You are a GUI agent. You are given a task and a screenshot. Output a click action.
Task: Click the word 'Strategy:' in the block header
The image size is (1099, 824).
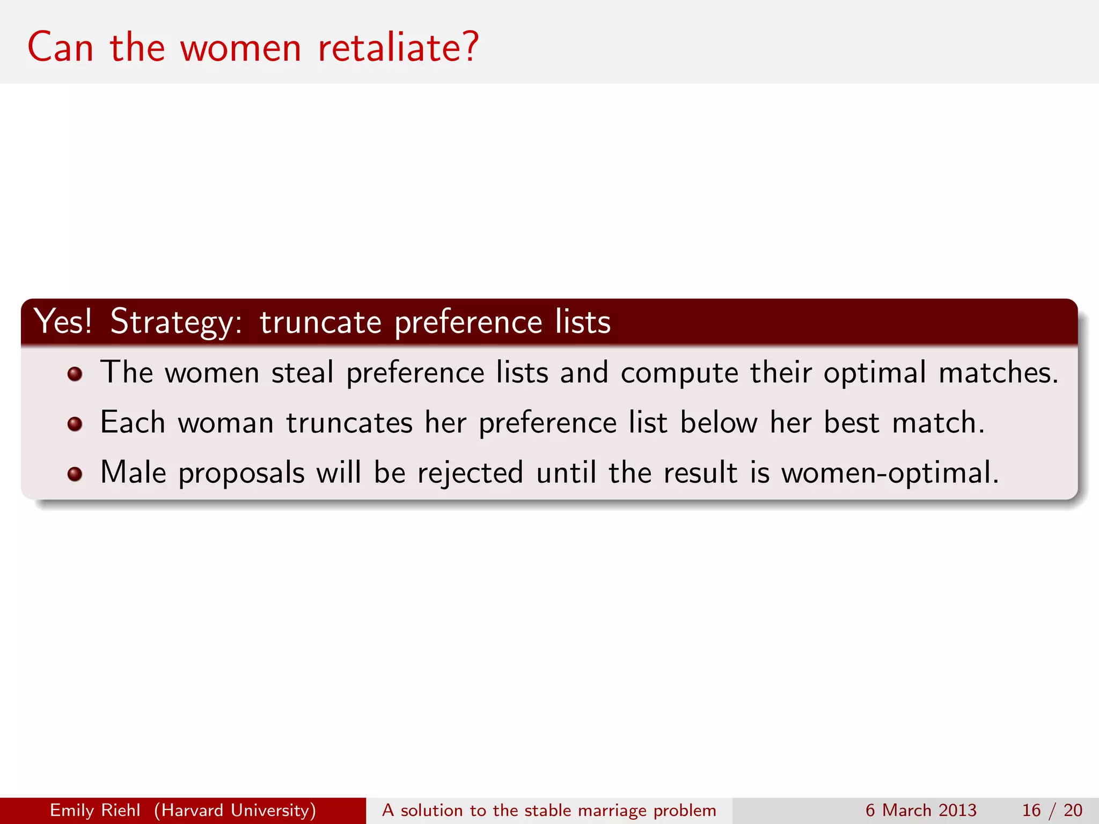177,322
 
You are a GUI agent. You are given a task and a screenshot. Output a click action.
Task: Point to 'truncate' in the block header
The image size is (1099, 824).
320,322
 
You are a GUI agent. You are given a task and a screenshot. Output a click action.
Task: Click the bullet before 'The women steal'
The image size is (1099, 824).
75,374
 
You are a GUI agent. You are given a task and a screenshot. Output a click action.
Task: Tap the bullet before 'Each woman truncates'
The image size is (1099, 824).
75,424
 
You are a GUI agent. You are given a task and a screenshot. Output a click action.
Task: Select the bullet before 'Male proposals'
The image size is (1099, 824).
75,474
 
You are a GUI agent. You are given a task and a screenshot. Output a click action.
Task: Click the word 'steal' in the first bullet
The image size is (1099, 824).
302,372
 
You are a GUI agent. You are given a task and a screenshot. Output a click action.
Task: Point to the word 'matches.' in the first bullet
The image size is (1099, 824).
999,372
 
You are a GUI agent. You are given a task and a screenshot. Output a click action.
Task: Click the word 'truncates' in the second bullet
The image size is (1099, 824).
349,423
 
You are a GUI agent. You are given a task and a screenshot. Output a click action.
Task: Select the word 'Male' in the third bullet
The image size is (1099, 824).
133,473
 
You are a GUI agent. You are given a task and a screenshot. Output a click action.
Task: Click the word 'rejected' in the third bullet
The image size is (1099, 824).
470,473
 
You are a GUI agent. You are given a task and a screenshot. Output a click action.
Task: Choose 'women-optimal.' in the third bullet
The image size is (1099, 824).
890,473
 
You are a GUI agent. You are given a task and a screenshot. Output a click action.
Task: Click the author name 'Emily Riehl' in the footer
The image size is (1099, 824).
95,810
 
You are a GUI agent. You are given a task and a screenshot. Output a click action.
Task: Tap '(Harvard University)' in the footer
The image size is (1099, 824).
235,810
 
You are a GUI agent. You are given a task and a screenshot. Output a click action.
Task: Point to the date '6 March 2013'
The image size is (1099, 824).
921,810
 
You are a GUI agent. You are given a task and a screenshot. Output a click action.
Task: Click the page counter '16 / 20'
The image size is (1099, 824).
1052,810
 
